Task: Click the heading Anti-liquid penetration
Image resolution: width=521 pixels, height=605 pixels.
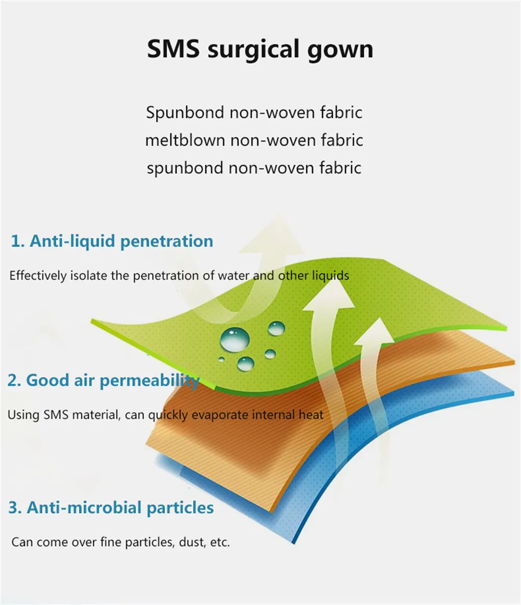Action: [121, 241]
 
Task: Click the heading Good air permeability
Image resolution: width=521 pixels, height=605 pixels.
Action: [113, 380]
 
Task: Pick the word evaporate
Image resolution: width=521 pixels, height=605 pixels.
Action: [218, 415]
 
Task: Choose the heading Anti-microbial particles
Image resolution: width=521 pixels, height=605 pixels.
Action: [120, 507]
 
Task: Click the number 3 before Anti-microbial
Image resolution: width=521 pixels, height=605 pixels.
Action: [14, 508]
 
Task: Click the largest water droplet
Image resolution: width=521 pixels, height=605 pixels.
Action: [234, 339]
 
